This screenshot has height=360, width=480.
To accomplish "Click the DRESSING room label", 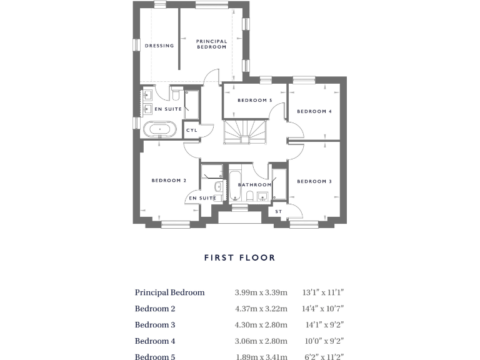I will tap(159, 46).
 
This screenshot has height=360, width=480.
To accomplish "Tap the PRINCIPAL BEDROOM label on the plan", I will tap(212, 44).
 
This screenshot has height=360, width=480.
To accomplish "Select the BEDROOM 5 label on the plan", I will tap(254, 101).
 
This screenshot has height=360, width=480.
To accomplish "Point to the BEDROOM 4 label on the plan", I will tap(314, 111).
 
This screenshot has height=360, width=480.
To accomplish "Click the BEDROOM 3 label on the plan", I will tap(314, 182).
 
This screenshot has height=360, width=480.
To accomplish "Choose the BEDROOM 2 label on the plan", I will tap(169, 181).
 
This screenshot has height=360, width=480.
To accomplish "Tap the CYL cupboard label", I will tap(191, 131).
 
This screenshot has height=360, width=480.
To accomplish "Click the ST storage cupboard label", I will tap(278, 212).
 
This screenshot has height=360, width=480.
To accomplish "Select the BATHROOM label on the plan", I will tap(255, 185).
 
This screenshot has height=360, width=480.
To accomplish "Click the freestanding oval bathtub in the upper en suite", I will tap(161, 130).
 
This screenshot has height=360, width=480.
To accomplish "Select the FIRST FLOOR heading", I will tap(239, 257).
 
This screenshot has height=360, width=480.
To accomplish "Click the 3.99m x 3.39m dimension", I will tap(261, 292).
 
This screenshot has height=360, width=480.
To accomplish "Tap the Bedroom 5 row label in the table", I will tap(155, 357).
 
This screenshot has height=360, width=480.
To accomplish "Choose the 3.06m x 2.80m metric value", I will tap(261, 341).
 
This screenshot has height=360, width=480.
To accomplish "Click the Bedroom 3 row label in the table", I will tap(155, 325).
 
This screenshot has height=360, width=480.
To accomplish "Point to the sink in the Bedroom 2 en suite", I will tap(217, 187).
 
